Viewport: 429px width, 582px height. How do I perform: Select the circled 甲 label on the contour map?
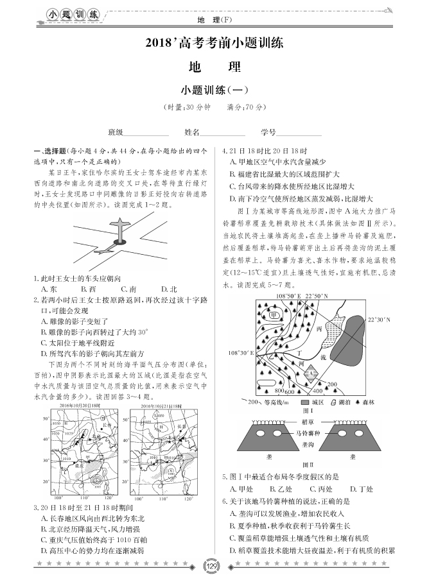click(275, 316)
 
